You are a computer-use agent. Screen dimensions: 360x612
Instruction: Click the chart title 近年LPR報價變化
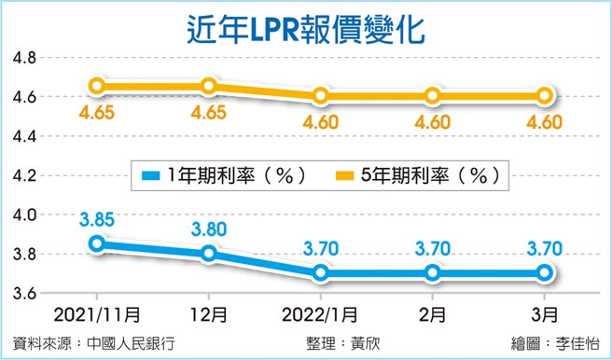(x=305, y=27)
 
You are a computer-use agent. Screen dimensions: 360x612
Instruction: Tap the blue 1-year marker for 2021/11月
(x=98, y=243)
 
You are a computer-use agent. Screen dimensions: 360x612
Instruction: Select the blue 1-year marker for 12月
(x=209, y=253)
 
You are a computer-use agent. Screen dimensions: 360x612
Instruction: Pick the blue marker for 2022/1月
(x=322, y=273)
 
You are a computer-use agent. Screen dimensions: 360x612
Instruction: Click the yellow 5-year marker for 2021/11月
(x=98, y=86)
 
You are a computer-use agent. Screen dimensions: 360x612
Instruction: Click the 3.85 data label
(x=97, y=220)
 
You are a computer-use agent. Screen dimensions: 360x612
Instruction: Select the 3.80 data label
(x=209, y=229)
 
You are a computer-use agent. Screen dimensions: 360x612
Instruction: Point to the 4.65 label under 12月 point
(x=209, y=115)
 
